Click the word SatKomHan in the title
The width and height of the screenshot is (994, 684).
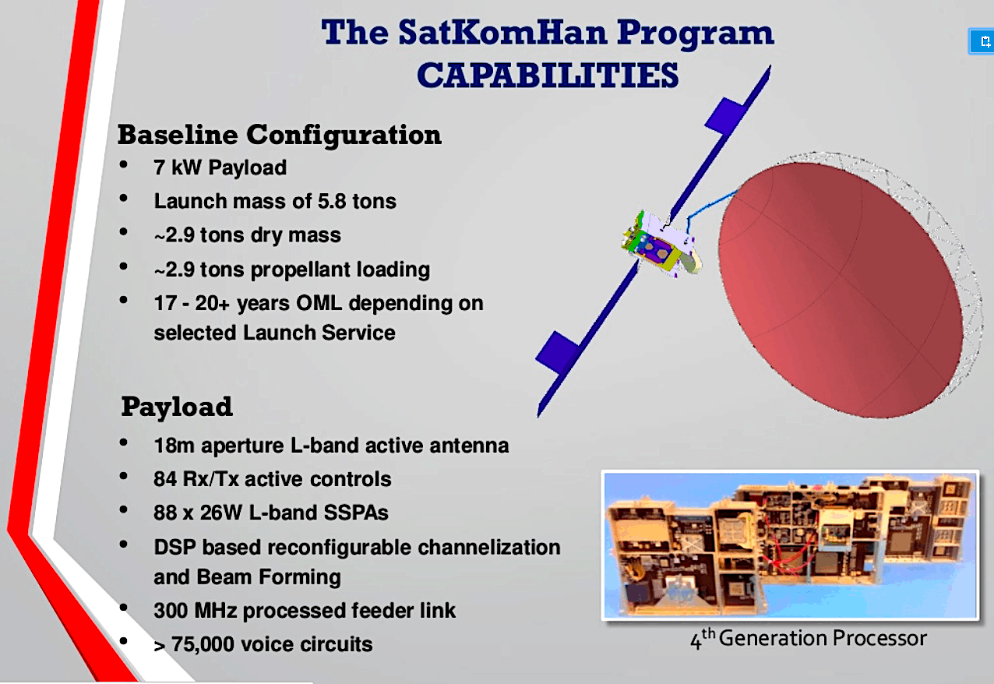click(x=502, y=33)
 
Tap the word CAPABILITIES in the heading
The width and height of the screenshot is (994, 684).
click(x=548, y=75)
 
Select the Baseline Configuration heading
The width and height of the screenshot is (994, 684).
click(x=280, y=135)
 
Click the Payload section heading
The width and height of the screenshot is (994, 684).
click(x=177, y=407)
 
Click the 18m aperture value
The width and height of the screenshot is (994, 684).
click(x=174, y=445)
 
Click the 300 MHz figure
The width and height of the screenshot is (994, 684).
click(x=195, y=610)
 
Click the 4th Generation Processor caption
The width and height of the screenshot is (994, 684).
click(x=808, y=638)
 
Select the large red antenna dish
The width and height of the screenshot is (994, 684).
click(x=840, y=290)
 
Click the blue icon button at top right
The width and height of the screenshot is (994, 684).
click(x=982, y=42)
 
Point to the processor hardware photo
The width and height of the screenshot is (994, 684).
click(x=790, y=545)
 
